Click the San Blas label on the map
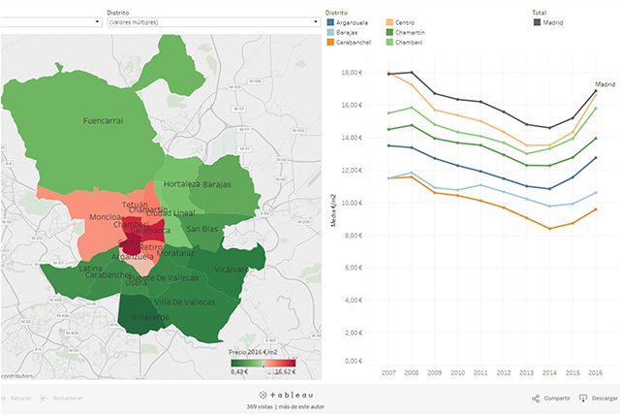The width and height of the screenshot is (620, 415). coord(202,229)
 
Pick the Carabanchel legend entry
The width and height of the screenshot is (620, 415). coord(356,43)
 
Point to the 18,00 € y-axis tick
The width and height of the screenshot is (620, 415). coord(352,73)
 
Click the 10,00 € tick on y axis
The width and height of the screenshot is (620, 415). coord(352,203)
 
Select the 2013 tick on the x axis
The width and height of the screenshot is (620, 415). coord(527,371)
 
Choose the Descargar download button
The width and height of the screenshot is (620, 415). coord(598,398)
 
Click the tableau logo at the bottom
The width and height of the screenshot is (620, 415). coord(291,396)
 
